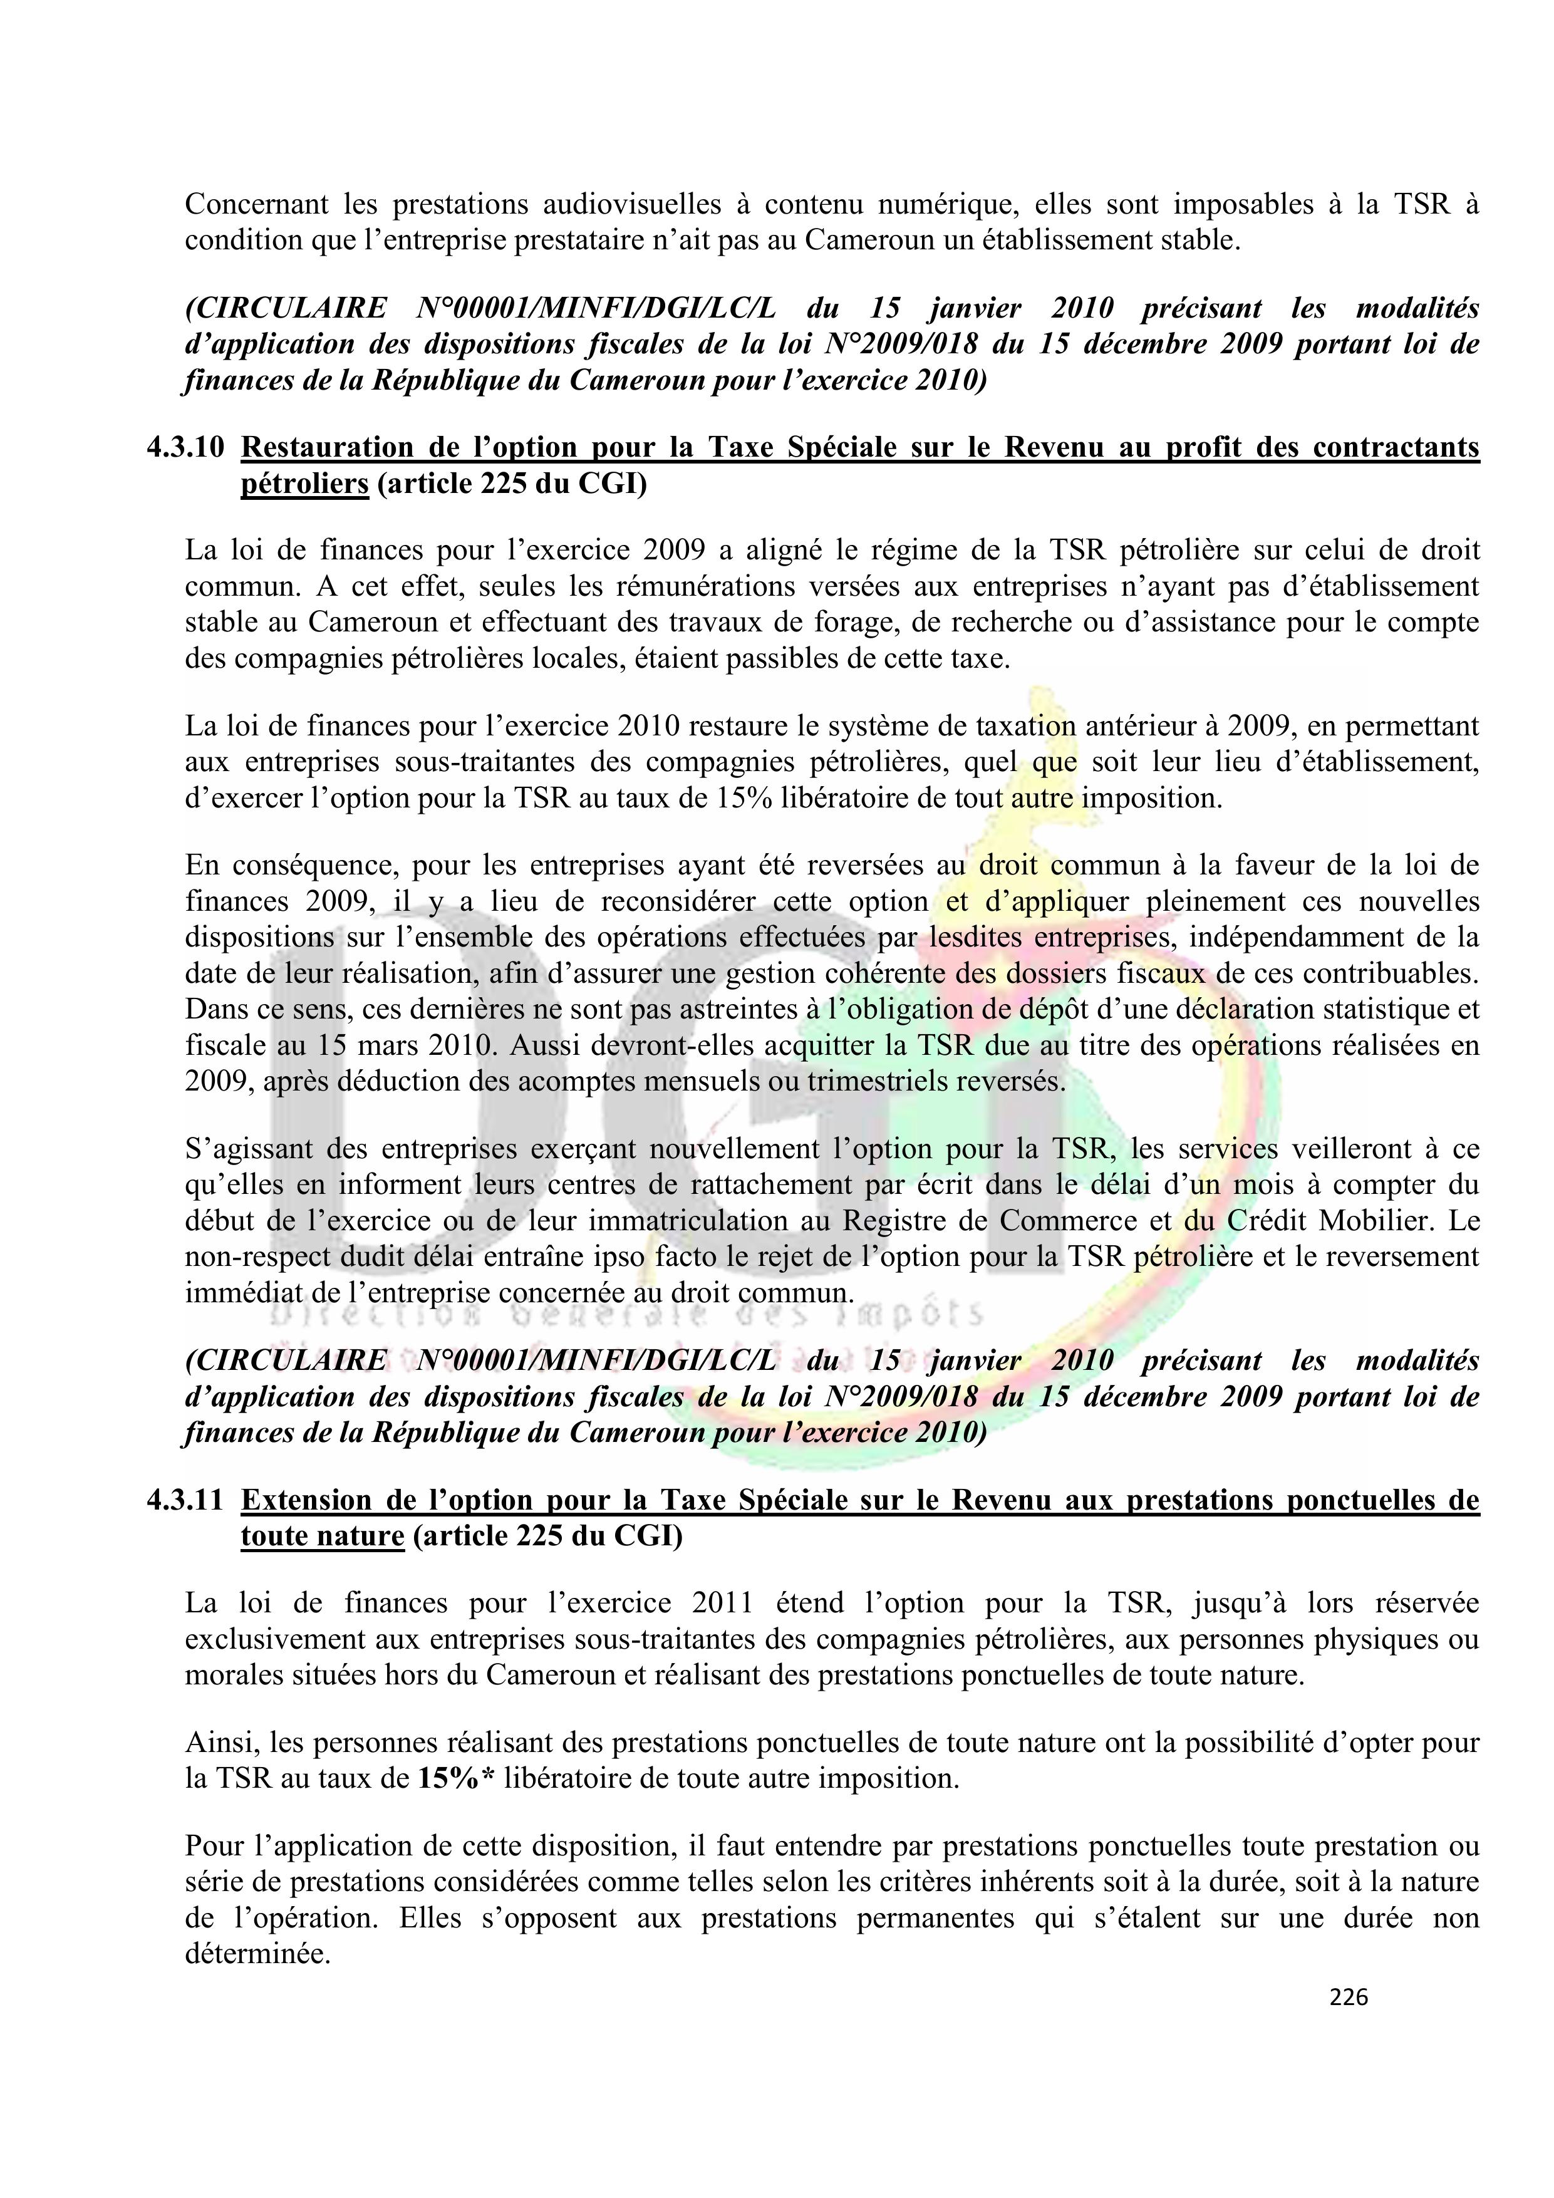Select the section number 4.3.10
(x=185, y=448)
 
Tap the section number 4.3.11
(x=185, y=1500)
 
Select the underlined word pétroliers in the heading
(x=304, y=484)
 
